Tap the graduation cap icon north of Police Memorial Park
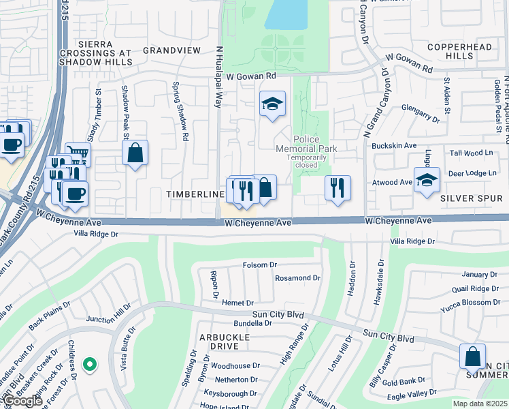pyautogui.click(x=272, y=104)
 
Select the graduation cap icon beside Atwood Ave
pyautogui.click(x=427, y=181)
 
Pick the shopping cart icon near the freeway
pyautogui.click(x=78, y=155)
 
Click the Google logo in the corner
pyautogui.click(x=22, y=401)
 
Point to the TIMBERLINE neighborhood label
pyautogui.click(x=195, y=194)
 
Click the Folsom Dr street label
pyautogui.click(x=260, y=264)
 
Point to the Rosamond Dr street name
pyautogui.click(x=297, y=278)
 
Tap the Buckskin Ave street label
pyautogui.click(x=393, y=146)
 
